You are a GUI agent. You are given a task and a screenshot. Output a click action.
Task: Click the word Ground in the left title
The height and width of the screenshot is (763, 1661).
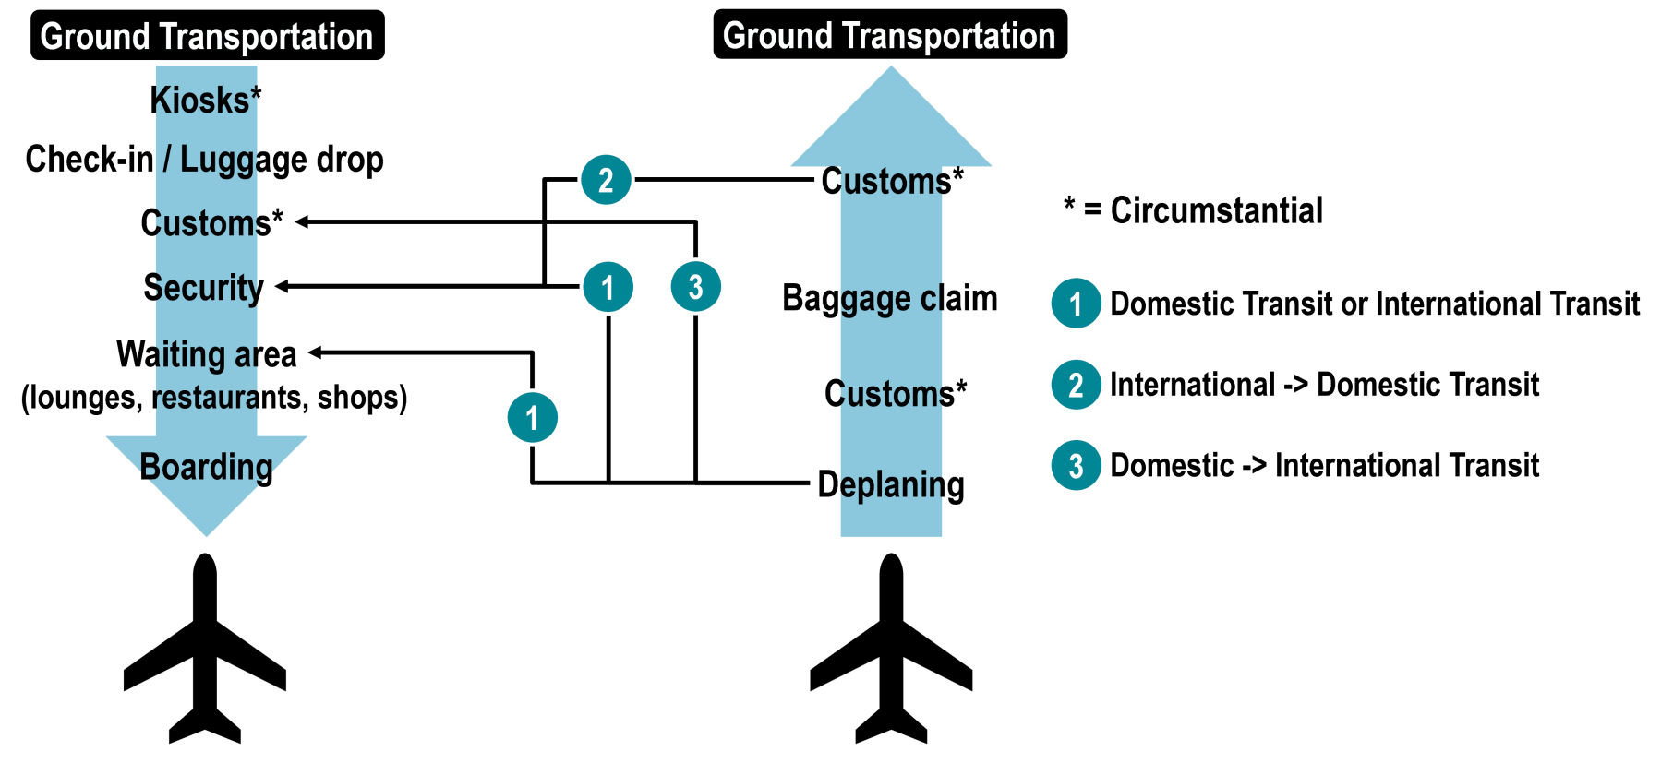click(x=95, y=37)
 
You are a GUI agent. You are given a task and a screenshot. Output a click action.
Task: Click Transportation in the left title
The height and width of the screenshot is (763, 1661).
click(x=266, y=37)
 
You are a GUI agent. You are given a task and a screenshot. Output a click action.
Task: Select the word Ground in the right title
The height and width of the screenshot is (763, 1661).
click(x=777, y=36)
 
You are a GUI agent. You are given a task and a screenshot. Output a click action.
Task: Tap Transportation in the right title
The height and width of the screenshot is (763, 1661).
click(x=948, y=36)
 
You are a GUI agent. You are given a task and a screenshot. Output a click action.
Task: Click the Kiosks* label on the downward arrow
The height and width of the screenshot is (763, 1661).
click(x=206, y=101)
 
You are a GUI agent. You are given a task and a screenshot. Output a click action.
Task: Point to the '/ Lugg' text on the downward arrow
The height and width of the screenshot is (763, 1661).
click(x=211, y=160)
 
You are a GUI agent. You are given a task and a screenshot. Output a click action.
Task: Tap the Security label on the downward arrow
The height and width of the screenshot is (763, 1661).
click(x=205, y=288)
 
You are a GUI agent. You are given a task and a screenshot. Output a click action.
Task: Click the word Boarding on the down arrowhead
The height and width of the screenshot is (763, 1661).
click(x=207, y=467)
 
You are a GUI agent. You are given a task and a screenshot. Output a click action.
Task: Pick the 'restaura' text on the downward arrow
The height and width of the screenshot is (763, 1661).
click(x=206, y=398)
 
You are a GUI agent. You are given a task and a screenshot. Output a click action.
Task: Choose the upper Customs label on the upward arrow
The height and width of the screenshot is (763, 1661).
click(x=890, y=182)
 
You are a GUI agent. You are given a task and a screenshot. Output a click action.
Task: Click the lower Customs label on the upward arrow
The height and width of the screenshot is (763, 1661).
click(x=890, y=394)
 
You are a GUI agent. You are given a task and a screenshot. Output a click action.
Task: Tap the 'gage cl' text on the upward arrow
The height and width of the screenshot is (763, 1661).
click(x=891, y=300)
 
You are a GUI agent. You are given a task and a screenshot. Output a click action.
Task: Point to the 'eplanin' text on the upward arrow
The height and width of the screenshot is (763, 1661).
click(x=891, y=484)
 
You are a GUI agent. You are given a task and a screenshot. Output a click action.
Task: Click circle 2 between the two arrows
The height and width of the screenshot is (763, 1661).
click(x=606, y=180)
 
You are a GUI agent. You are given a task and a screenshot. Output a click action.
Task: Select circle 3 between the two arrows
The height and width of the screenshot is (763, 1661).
click(x=696, y=287)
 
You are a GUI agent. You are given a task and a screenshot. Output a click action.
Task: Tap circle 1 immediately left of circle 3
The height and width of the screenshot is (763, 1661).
click(x=608, y=287)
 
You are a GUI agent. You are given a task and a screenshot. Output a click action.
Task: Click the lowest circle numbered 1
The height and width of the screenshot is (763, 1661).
click(x=533, y=418)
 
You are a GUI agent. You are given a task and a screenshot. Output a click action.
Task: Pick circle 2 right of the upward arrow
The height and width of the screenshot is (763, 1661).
click(x=1076, y=385)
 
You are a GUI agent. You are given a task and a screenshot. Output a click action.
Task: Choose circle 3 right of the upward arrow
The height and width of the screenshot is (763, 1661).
click(x=1076, y=466)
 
